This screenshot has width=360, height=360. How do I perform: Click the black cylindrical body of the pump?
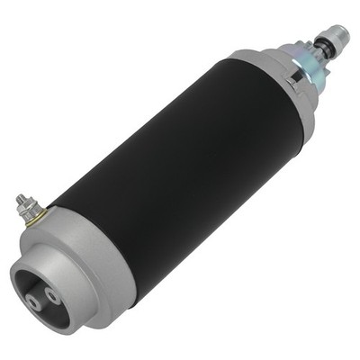(180, 171)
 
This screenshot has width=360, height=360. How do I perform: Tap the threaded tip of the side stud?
(20, 199)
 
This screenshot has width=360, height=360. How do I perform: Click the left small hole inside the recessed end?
(35, 303)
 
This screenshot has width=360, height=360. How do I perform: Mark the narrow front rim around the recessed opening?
(27, 270)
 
